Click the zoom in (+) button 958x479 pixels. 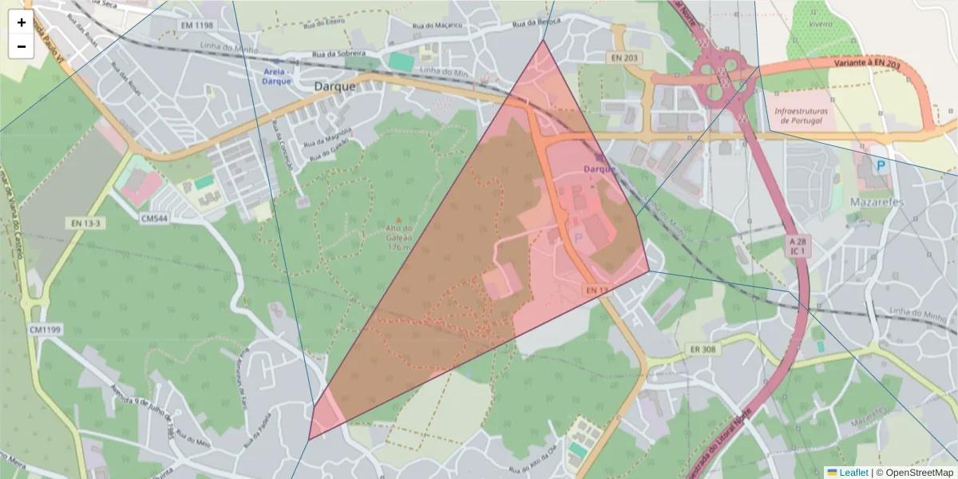pyautogui.click(x=22, y=23)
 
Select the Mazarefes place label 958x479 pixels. pyautogui.click(x=876, y=201)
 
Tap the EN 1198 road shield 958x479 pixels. pyautogui.click(x=197, y=26)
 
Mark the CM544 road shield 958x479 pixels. pyautogui.click(x=156, y=217)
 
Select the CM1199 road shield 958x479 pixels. pyautogui.click(x=46, y=329)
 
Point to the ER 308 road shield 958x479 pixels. pyautogui.click(x=701, y=349)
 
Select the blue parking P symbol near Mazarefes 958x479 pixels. pyautogui.click(x=881, y=166)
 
